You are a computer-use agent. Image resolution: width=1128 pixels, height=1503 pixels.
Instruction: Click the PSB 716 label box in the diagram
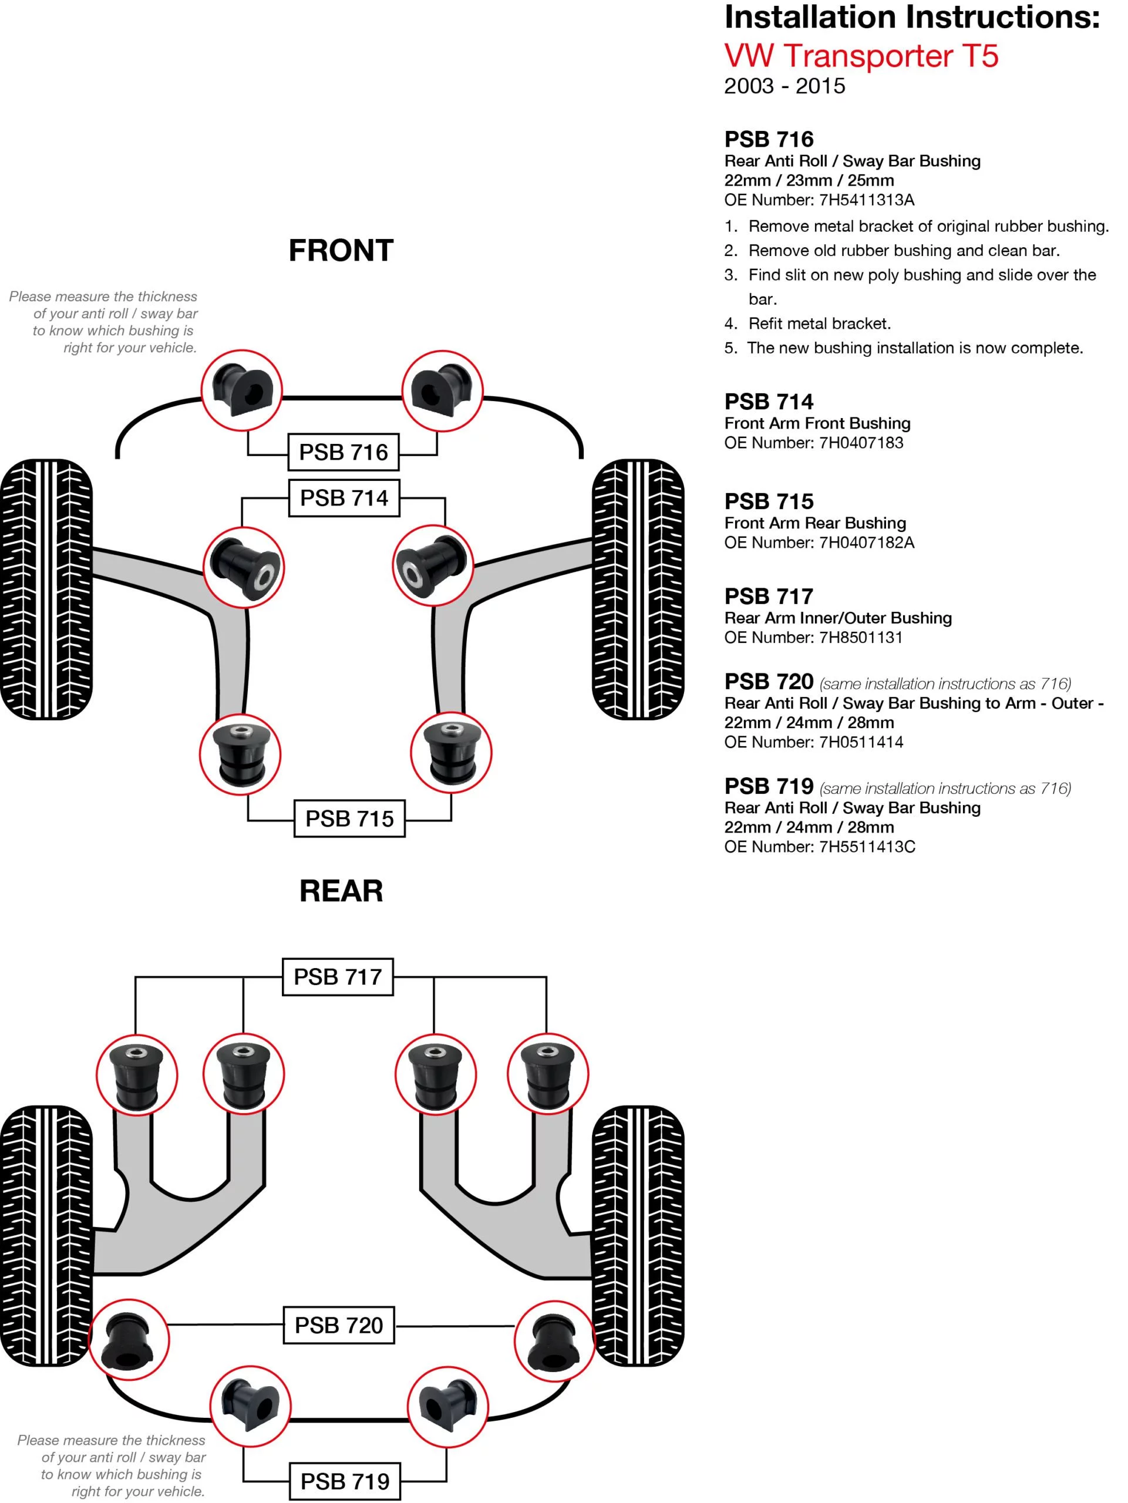[x=343, y=452]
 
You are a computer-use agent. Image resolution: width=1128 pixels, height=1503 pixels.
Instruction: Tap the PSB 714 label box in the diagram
[x=344, y=498]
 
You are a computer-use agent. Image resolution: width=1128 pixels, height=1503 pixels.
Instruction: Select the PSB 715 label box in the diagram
[x=349, y=819]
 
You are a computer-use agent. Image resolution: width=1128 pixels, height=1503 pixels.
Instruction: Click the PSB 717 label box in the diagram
[x=338, y=977]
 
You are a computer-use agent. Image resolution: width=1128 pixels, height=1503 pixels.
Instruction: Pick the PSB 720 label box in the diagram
[x=338, y=1326]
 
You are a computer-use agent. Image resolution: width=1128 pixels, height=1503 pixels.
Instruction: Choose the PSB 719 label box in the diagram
[x=345, y=1482]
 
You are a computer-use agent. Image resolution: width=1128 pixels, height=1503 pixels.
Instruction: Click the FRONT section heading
[x=341, y=251]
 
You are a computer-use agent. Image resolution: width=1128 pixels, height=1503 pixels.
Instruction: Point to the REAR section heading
[x=341, y=891]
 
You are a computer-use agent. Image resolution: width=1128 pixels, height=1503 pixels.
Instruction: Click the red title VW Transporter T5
[x=861, y=56]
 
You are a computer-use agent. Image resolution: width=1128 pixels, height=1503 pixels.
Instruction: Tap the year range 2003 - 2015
[x=784, y=86]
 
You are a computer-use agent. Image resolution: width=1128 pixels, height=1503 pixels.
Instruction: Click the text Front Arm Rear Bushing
[x=815, y=523]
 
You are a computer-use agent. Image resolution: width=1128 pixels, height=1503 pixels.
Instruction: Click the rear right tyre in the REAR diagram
[x=638, y=1235]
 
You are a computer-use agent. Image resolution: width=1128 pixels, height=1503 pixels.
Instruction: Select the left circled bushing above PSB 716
[x=242, y=390]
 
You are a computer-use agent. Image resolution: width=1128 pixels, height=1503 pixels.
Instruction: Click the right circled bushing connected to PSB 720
[x=554, y=1340]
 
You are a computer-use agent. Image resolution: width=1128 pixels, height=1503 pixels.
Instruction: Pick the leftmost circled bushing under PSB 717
[x=137, y=1074]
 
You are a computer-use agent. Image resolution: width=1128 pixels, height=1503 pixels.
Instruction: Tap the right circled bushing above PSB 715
[x=450, y=753]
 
